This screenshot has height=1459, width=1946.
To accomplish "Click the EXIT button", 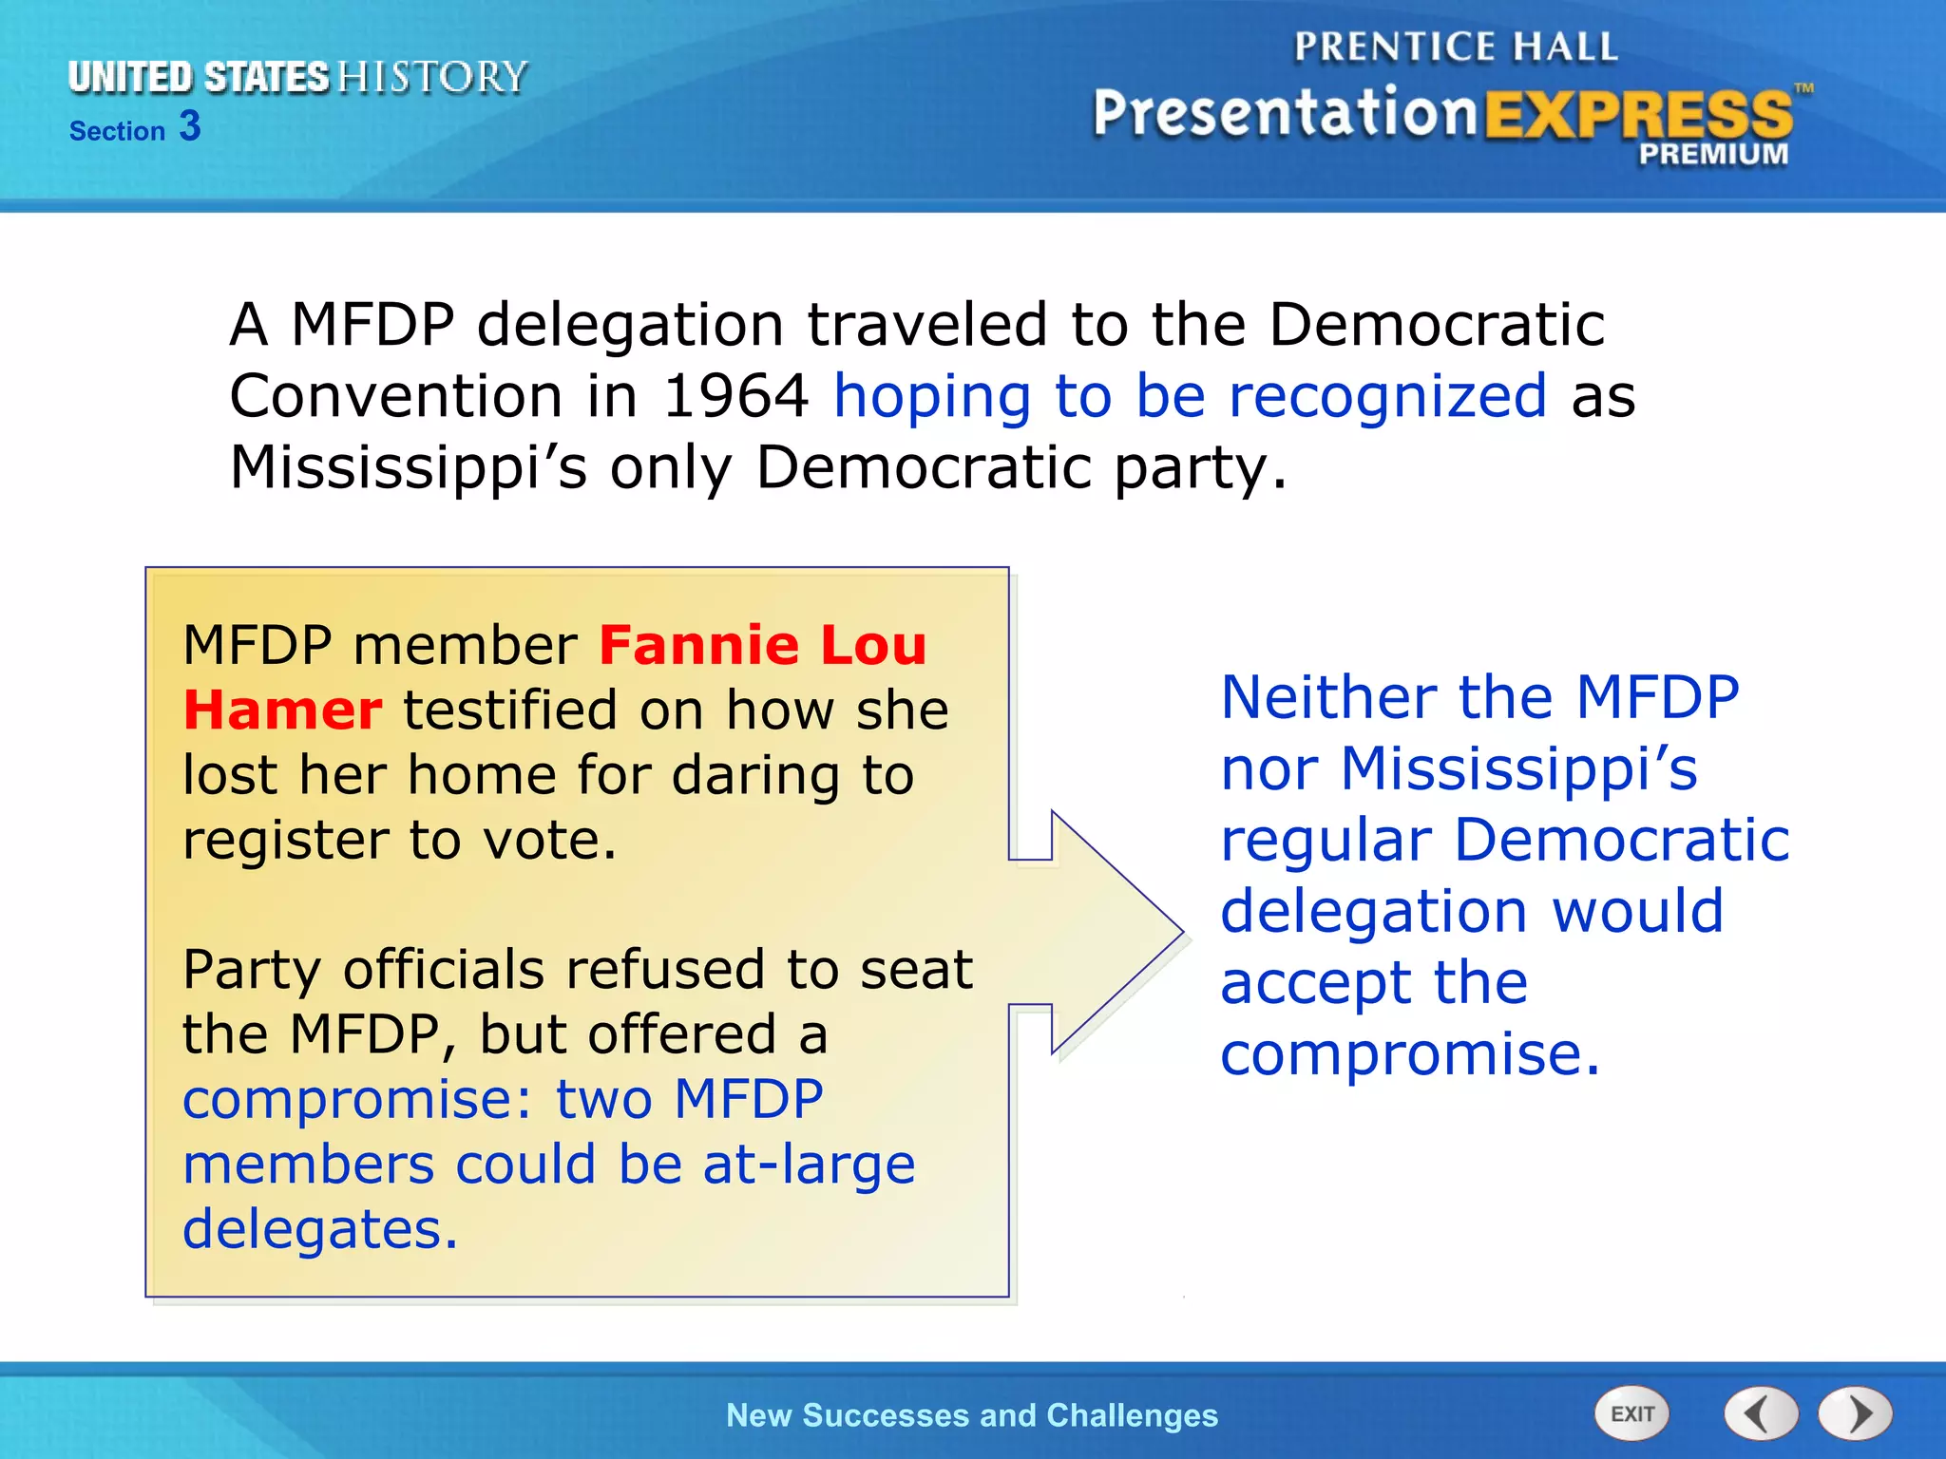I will click(1631, 1413).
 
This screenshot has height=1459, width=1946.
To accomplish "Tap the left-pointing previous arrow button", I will click(1761, 1413).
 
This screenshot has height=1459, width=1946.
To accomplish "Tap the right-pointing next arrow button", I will click(1856, 1413).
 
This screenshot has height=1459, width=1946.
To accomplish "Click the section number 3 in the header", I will click(190, 126).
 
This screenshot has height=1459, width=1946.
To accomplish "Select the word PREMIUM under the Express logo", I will click(1713, 154).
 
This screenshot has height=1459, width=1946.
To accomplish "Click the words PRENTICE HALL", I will click(1456, 47).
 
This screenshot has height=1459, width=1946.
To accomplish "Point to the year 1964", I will click(735, 396).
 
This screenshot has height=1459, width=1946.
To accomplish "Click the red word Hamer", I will click(282, 711).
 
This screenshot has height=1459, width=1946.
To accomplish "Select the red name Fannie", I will click(698, 646).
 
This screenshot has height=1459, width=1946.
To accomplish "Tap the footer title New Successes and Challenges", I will click(971, 1415).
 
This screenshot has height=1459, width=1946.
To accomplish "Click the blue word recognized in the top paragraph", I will click(1387, 396).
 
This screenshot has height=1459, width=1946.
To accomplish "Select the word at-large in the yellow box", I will click(809, 1165).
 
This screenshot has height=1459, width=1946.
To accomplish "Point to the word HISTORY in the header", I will click(432, 77).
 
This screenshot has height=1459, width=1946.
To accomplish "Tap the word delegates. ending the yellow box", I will click(320, 1229).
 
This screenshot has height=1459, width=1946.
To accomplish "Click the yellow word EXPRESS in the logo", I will click(1638, 116).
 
